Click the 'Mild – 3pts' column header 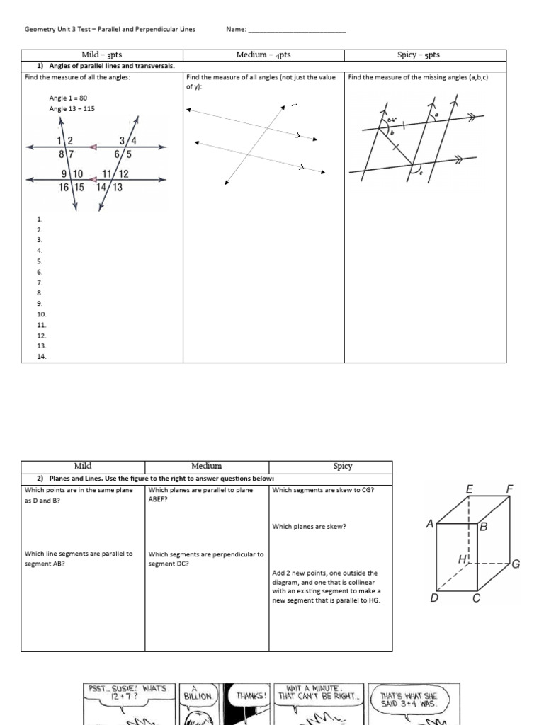(102, 55)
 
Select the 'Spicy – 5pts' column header (424, 55)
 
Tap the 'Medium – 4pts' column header (263, 55)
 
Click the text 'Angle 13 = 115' (72, 109)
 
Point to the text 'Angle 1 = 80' (68, 98)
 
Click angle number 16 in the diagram (64, 187)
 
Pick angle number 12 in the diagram (123, 174)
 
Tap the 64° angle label (391, 120)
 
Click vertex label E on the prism (469, 489)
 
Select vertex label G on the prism (516, 564)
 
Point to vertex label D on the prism (434, 598)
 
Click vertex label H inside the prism (463, 559)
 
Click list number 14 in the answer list (41, 357)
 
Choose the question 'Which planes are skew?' (300, 526)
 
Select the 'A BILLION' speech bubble (198, 692)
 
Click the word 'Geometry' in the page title (40, 30)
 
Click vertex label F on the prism (509, 489)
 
